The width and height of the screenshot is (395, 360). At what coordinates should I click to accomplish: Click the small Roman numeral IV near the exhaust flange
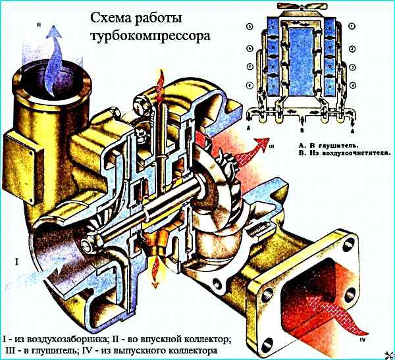click(363, 342)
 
